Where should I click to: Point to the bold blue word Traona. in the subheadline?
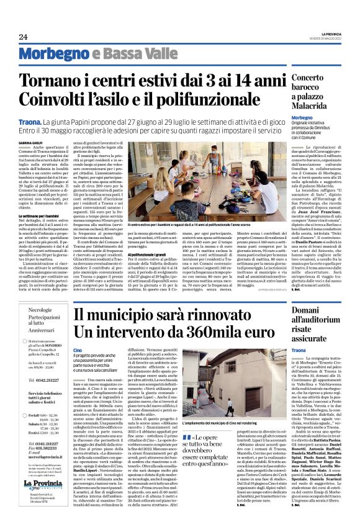[29, 115]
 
